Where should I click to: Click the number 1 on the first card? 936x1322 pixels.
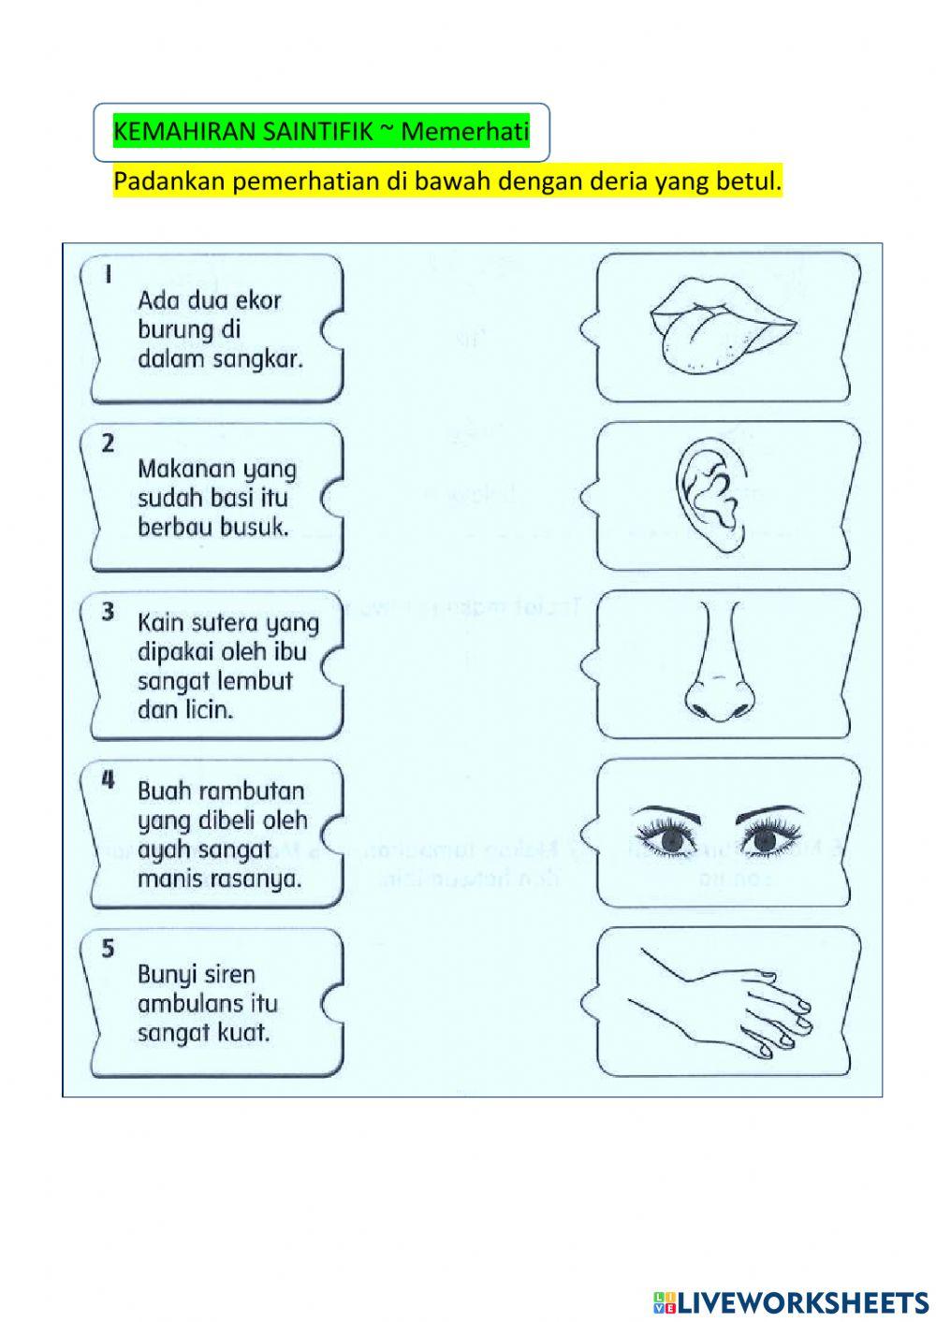coord(109,274)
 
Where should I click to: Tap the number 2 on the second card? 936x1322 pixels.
coord(109,443)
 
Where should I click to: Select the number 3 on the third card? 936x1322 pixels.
coord(109,612)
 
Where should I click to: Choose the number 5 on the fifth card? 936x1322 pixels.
coord(109,949)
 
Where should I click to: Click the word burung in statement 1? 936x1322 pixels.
coord(177,330)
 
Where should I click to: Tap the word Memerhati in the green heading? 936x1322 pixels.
coord(465,132)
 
